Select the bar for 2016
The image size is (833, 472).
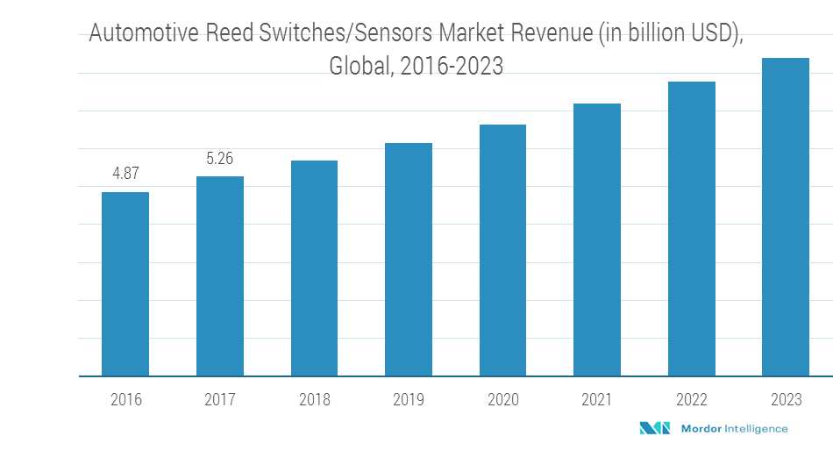pyautogui.click(x=125, y=284)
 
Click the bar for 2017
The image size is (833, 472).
pyautogui.click(x=220, y=276)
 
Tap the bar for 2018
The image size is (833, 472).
pyautogui.click(x=314, y=268)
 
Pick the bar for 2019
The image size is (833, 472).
pyautogui.click(x=409, y=260)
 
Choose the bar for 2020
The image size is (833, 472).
pyautogui.click(x=502, y=251)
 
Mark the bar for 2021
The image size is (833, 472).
pyautogui.click(x=597, y=240)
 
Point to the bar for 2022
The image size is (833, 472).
pyautogui.click(x=692, y=229)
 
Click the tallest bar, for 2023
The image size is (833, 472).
pyautogui.click(x=786, y=218)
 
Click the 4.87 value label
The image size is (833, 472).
pyautogui.click(x=125, y=174)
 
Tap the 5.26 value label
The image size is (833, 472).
pyautogui.click(x=220, y=159)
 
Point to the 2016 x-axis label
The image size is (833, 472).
pyautogui.click(x=125, y=400)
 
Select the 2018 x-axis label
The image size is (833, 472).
pyautogui.click(x=314, y=400)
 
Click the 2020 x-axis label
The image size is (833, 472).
pyautogui.click(x=502, y=400)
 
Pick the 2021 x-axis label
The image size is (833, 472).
pyautogui.click(x=597, y=400)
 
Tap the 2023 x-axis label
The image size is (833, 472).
pyautogui.click(x=786, y=400)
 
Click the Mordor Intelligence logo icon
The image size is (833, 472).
pyautogui.click(x=654, y=428)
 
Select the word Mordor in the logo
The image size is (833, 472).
pyautogui.click(x=699, y=429)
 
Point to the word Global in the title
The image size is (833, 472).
pyautogui.click(x=360, y=67)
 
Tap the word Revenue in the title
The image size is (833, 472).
pyautogui.click(x=550, y=34)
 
